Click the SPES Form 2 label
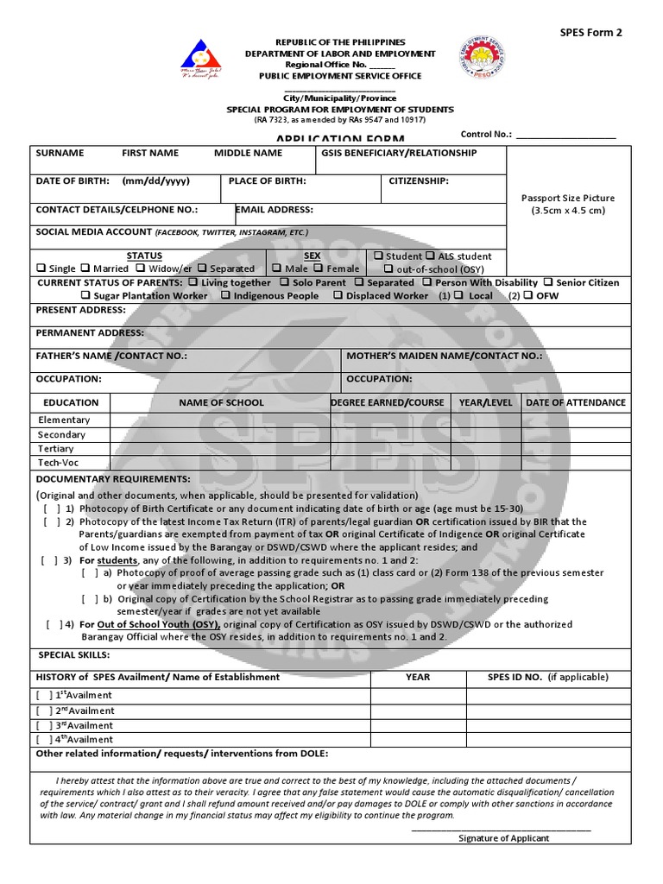591,33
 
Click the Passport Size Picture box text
568,204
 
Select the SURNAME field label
60,153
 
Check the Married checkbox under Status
85,268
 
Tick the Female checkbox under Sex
319,268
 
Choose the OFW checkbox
528,295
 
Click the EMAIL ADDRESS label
275,210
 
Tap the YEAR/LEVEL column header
485,402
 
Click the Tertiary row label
56,449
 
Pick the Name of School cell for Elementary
221,420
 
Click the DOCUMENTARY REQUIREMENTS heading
113,479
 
